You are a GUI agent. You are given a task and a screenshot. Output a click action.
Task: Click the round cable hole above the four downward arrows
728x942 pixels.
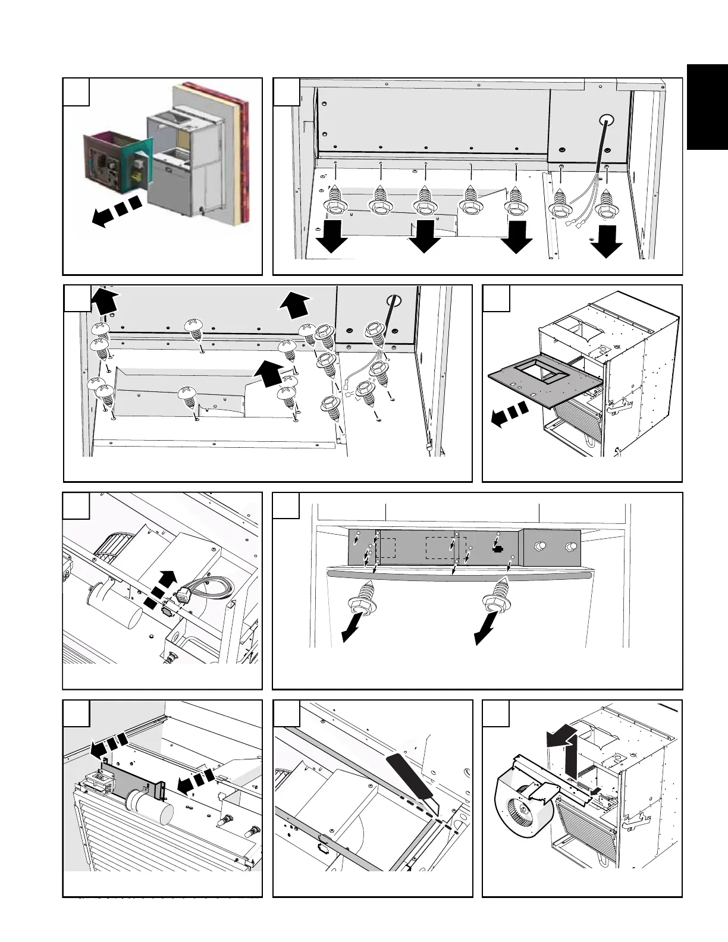tap(607, 120)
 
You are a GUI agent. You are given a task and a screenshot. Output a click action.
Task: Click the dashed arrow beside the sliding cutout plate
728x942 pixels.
tap(509, 414)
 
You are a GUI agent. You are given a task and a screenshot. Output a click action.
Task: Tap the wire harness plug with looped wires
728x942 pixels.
tap(185, 592)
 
